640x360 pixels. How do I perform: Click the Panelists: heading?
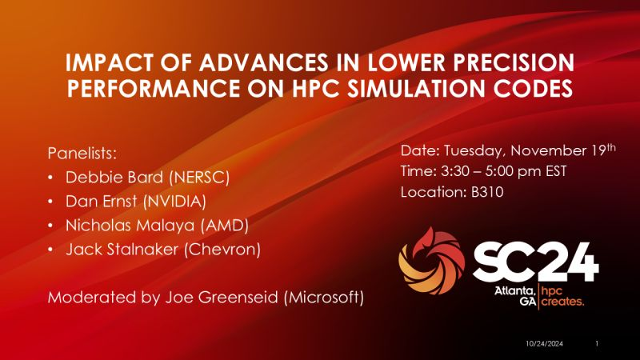click(x=82, y=152)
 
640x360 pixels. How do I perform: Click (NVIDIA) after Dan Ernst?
click(x=173, y=201)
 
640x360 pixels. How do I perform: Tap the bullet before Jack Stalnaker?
click(x=52, y=250)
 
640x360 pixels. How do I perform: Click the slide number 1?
click(x=598, y=343)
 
